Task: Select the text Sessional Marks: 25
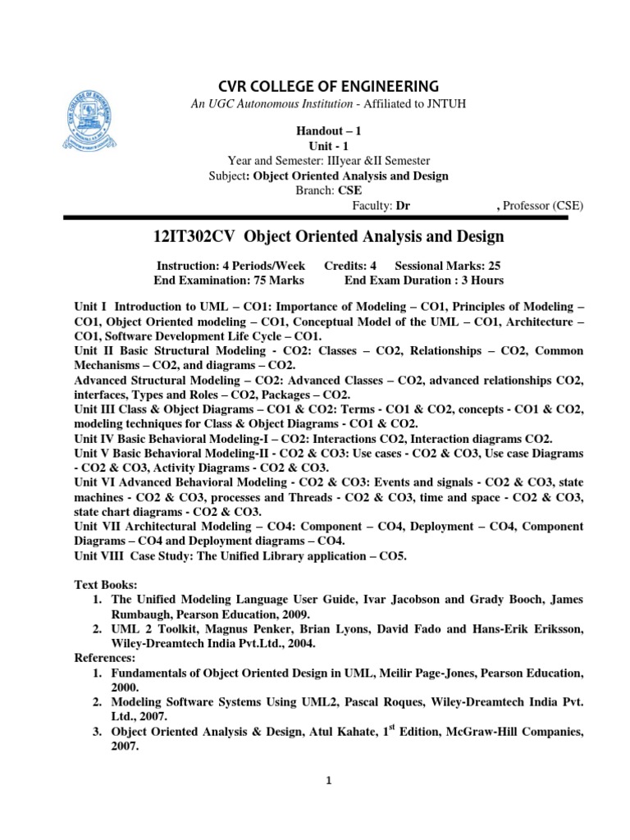click(x=446, y=267)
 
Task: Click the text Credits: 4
click(x=350, y=267)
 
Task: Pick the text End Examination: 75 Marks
click(x=230, y=281)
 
